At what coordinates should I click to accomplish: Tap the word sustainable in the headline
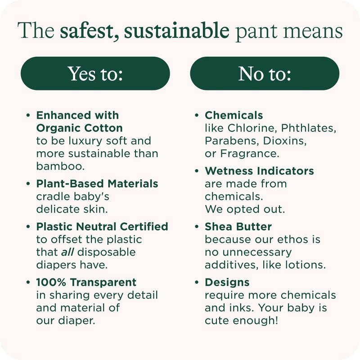(177, 31)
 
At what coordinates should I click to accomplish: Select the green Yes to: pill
(95, 73)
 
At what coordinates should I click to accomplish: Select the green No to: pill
(265, 73)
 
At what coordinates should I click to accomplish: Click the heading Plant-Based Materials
(97, 184)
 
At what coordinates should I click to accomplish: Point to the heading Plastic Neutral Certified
(102, 226)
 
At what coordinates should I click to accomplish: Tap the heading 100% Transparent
(86, 283)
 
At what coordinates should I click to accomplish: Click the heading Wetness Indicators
(259, 171)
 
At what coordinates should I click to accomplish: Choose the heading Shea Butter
(238, 226)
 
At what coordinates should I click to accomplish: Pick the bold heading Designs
(227, 283)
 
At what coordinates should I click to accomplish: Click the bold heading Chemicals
(234, 115)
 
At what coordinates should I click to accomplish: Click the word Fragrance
(249, 153)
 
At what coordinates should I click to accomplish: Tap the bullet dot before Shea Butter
(197, 226)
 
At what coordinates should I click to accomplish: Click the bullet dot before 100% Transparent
(28, 283)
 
